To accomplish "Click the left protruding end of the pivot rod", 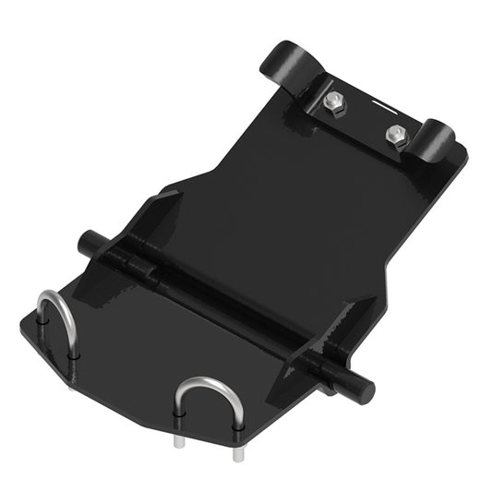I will click(90, 244).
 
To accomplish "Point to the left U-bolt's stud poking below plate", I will click(72, 381).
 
